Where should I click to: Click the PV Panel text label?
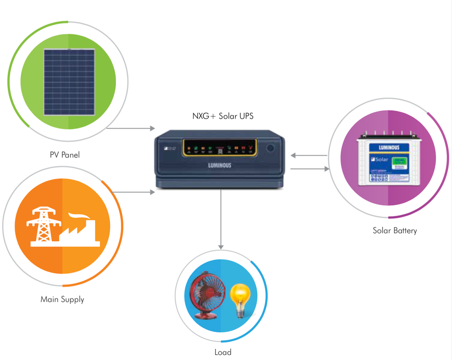click(x=64, y=155)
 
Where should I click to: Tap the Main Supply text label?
click(x=62, y=300)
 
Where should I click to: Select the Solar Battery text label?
click(x=395, y=231)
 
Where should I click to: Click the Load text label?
click(x=223, y=352)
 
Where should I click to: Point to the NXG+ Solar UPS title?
click(x=222, y=116)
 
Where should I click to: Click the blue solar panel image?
click(x=69, y=82)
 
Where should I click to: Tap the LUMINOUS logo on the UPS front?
click(x=220, y=165)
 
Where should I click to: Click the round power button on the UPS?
click(x=270, y=148)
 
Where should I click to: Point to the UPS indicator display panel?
click(x=218, y=148)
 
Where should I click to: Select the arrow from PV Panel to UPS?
click(x=131, y=128)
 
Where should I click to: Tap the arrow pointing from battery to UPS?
click(x=309, y=155)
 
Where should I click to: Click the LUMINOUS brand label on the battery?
click(x=389, y=147)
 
